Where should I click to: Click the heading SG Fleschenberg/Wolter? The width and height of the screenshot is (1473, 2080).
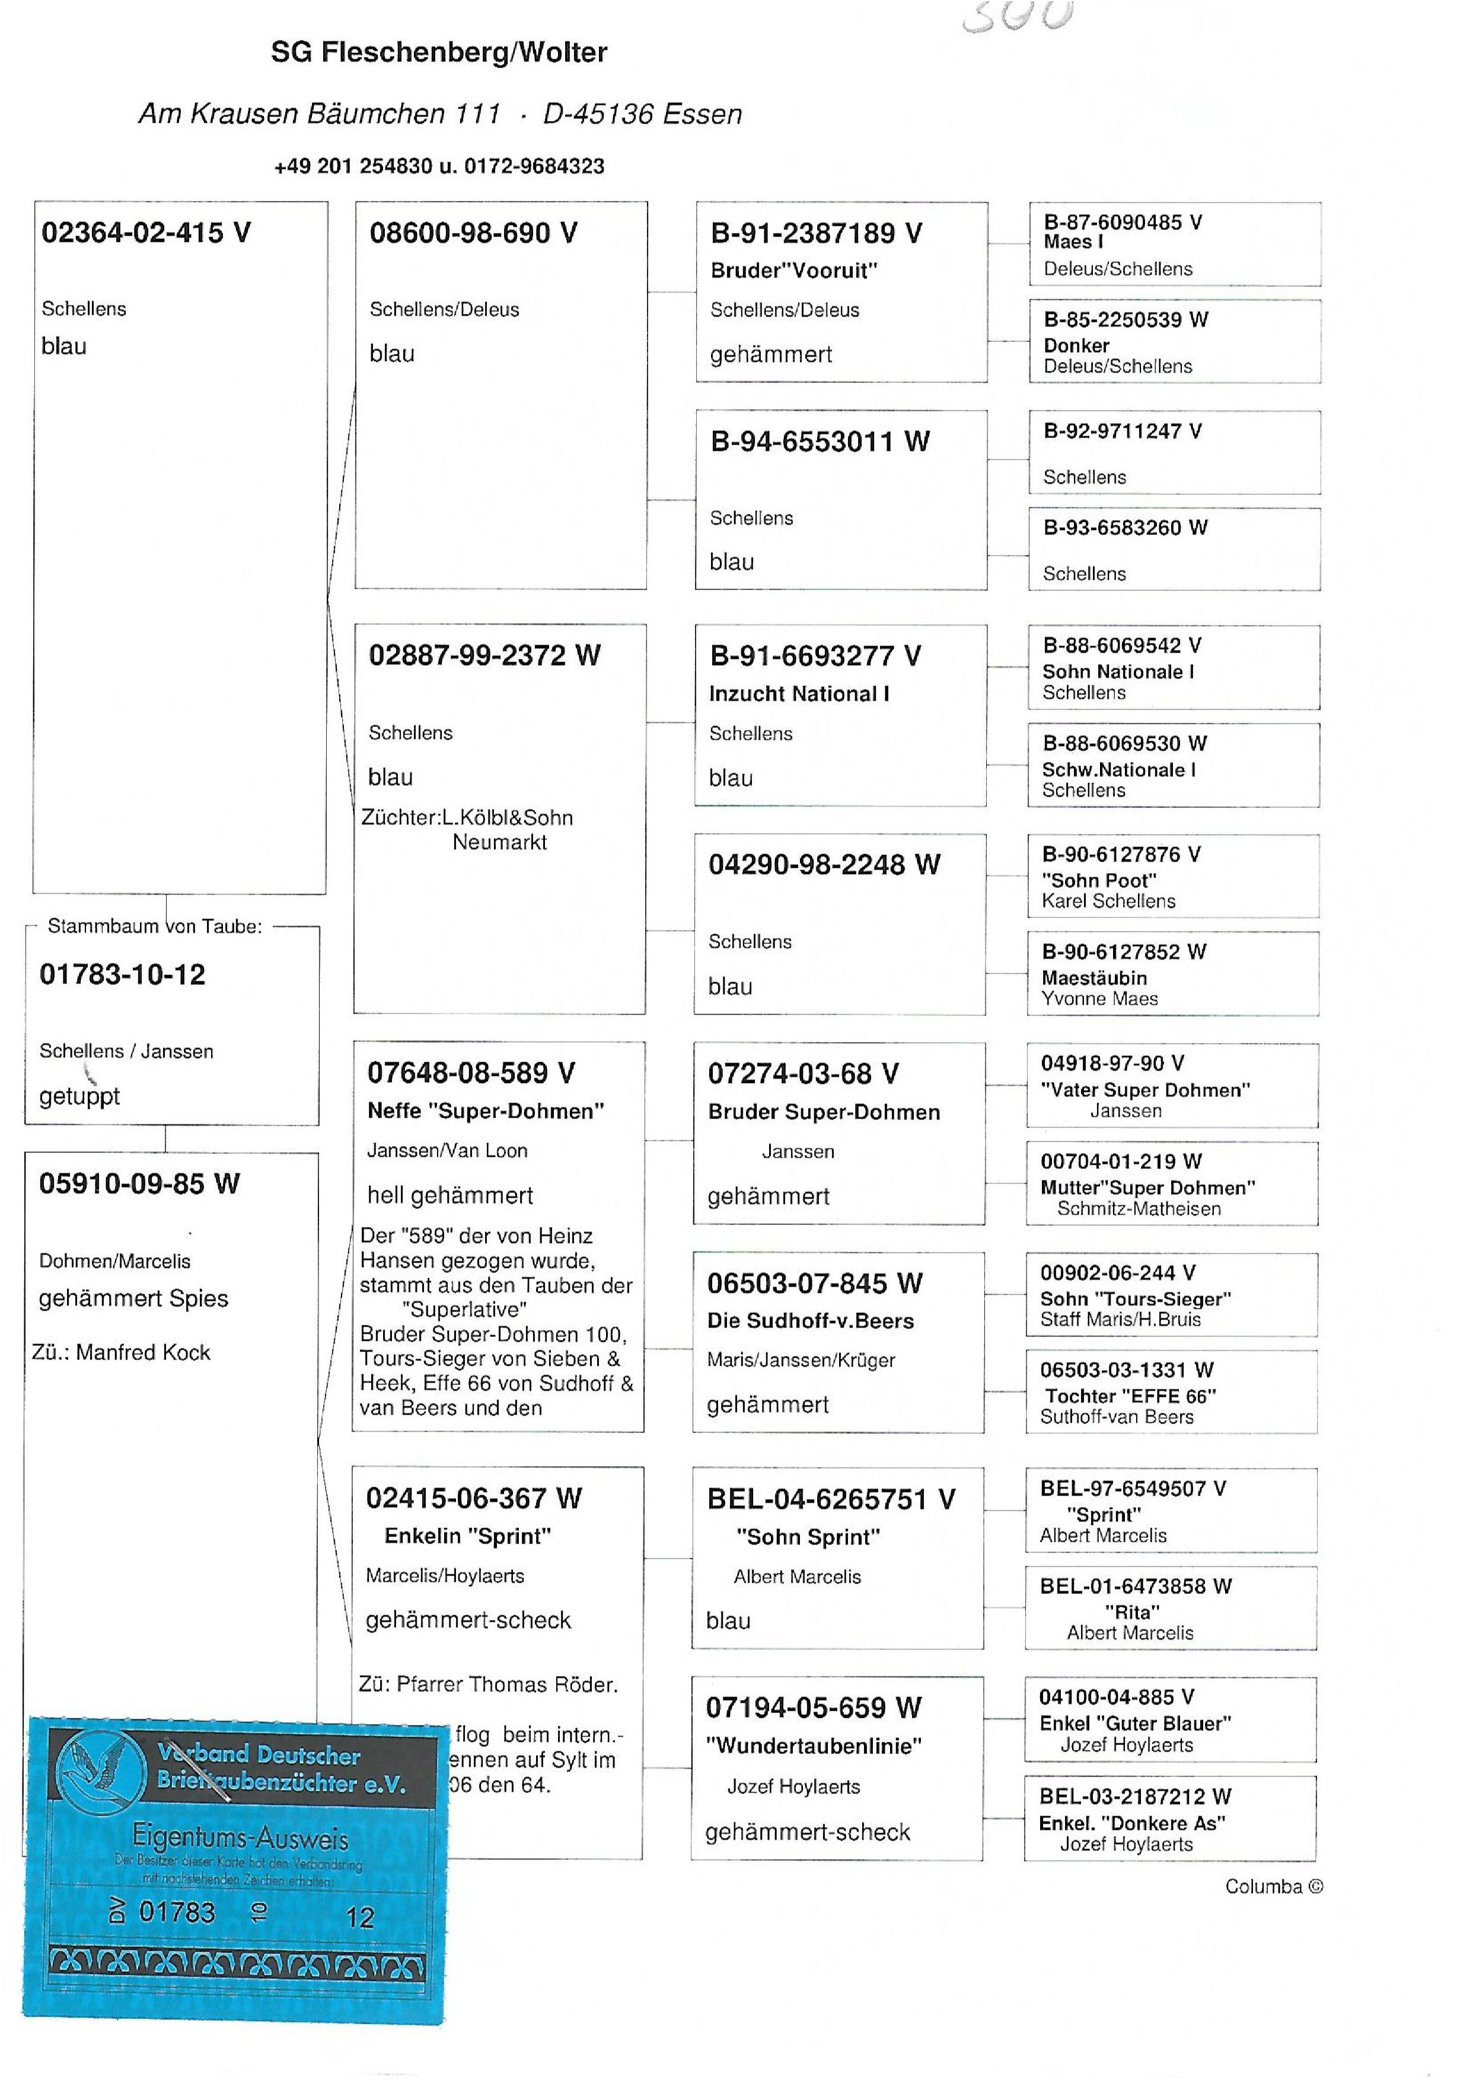click(x=439, y=53)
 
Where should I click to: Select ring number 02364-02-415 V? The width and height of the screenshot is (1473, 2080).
click(x=146, y=233)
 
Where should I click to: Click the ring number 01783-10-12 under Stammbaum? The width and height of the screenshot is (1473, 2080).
click(x=122, y=974)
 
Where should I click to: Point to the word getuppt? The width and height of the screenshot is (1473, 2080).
click(x=80, y=1096)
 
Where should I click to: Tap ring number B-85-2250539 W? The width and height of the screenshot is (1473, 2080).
click(x=1126, y=319)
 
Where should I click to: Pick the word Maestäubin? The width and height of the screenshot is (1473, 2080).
click(x=1095, y=977)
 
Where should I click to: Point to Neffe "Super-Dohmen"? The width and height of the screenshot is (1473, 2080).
click(x=485, y=1111)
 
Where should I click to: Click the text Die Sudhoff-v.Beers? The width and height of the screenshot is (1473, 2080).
click(x=810, y=1321)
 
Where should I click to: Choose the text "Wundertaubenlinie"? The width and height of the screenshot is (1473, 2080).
click(x=814, y=1746)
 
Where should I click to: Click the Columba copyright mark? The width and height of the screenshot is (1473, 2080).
click(x=1273, y=1887)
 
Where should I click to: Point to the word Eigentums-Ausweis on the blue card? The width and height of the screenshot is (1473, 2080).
click(x=240, y=1837)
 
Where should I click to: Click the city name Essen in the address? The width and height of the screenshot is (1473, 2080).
click(x=703, y=114)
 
